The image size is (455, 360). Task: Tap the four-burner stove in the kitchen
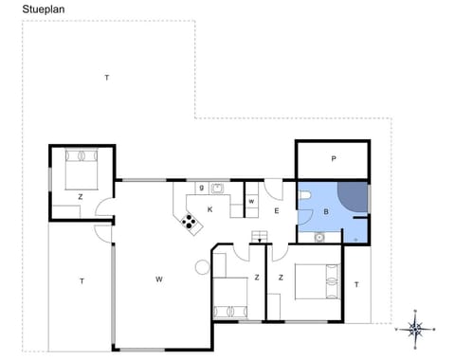[x=191, y=223]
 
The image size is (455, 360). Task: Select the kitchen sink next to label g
[x=217, y=188]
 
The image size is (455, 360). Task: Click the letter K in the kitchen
[x=209, y=208]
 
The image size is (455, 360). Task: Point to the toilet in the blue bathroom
[x=306, y=196]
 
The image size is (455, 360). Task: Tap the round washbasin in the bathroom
[x=319, y=238]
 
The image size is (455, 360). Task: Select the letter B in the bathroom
[x=326, y=212]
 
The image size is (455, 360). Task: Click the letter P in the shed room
[x=333, y=158]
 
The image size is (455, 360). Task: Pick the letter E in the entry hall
[x=276, y=211]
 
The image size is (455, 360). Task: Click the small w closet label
[x=251, y=202]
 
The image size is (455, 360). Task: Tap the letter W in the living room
[x=160, y=279]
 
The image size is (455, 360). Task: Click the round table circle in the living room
[x=201, y=266]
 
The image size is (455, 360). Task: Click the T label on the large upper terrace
[x=107, y=77]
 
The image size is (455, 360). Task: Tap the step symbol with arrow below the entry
[x=256, y=237]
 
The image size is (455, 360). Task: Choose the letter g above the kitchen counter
[x=202, y=188]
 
